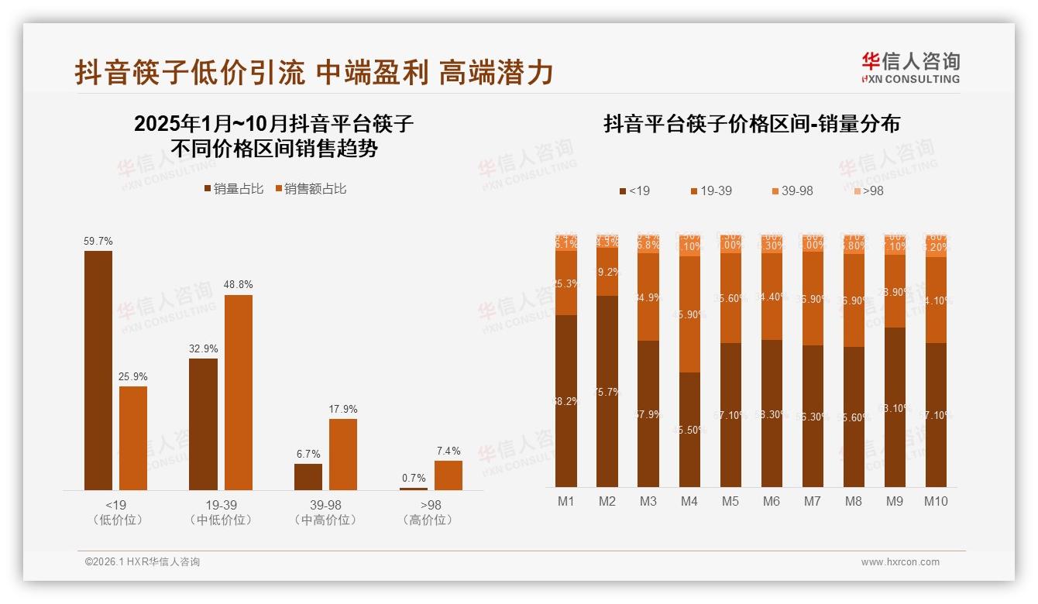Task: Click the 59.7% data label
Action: (x=98, y=242)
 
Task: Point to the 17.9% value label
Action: (x=342, y=410)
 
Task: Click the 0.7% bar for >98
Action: (x=413, y=489)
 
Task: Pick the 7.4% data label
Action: (x=448, y=451)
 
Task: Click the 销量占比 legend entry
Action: (x=234, y=189)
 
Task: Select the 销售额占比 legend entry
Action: (x=311, y=189)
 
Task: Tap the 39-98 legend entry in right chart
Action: (x=792, y=190)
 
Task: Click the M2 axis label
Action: (x=607, y=502)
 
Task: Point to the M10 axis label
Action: (x=936, y=502)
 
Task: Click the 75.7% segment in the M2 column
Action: (x=607, y=391)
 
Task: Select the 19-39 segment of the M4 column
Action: (x=689, y=314)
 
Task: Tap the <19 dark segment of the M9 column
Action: (x=895, y=407)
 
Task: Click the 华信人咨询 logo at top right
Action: (x=910, y=67)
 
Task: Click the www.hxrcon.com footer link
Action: (x=900, y=562)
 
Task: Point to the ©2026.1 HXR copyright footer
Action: (x=143, y=562)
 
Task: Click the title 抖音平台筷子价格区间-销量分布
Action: (x=751, y=125)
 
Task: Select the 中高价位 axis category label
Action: (x=325, y=520)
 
